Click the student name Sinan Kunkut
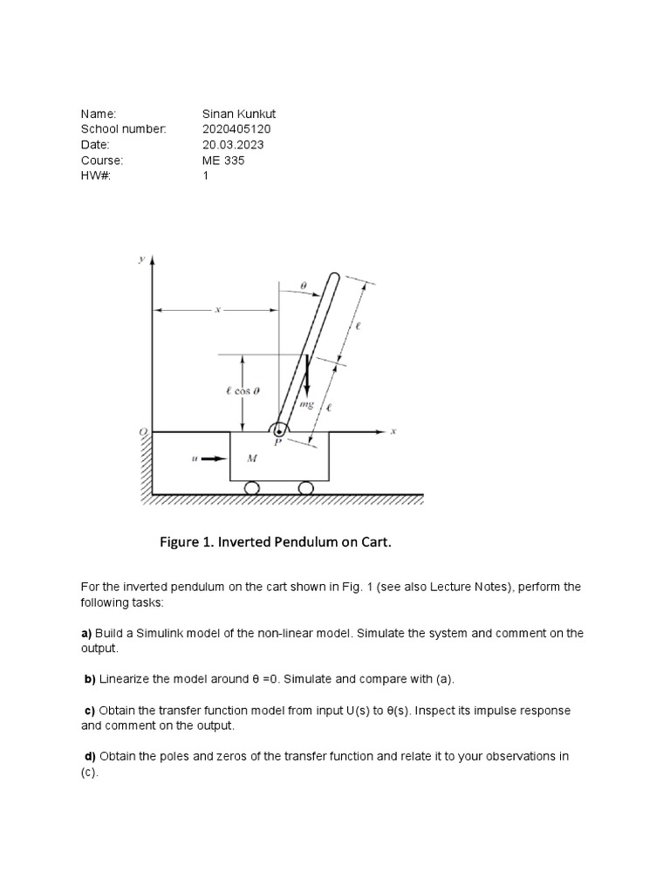coord(239,113)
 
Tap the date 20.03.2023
coord(233,145)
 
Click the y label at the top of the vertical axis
coord(140,259)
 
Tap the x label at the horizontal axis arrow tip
coord(393,430)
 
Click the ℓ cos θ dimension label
coord(238,391)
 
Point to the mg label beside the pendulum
coord(305,405)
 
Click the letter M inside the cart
coord(252,457)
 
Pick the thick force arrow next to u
coord(214,457)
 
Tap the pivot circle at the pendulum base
coord(279,430)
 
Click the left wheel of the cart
coord(251,488)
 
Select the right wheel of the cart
coord(305,488)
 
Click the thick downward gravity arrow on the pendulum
coord(306,376)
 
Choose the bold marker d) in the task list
coord(89,756)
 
